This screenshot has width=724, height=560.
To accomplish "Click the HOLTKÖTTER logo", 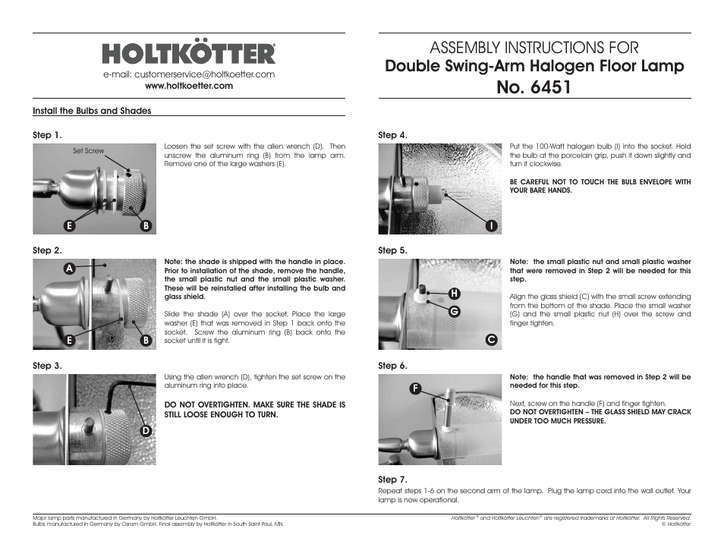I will (189, 54).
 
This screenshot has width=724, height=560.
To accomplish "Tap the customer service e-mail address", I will (189, 74).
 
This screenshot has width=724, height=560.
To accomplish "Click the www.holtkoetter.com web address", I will (189, 86).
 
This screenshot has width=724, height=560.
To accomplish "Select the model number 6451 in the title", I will (535, 87).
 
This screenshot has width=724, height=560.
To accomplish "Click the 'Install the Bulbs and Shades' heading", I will (92, 111).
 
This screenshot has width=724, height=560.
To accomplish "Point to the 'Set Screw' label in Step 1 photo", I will (89, 151).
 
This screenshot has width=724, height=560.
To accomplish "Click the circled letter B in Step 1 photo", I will (146, 225).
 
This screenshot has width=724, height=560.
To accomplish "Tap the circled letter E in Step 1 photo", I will (69, 225).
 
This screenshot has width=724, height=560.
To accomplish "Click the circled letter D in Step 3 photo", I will (146, 431).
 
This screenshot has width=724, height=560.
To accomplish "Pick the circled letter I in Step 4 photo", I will (491, 225).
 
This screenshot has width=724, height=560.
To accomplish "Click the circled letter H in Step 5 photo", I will (455, 293).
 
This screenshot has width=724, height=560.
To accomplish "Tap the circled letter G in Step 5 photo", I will (455, 310).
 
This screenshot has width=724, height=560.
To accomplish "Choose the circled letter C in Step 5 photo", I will (491, 340).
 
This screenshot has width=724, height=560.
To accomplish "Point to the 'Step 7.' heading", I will (393, 480).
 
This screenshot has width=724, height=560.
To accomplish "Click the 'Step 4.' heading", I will (393, 135).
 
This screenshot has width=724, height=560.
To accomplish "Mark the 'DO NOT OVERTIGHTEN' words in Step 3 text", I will (205, 405).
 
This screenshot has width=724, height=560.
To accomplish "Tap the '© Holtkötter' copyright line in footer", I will (675, 524).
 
